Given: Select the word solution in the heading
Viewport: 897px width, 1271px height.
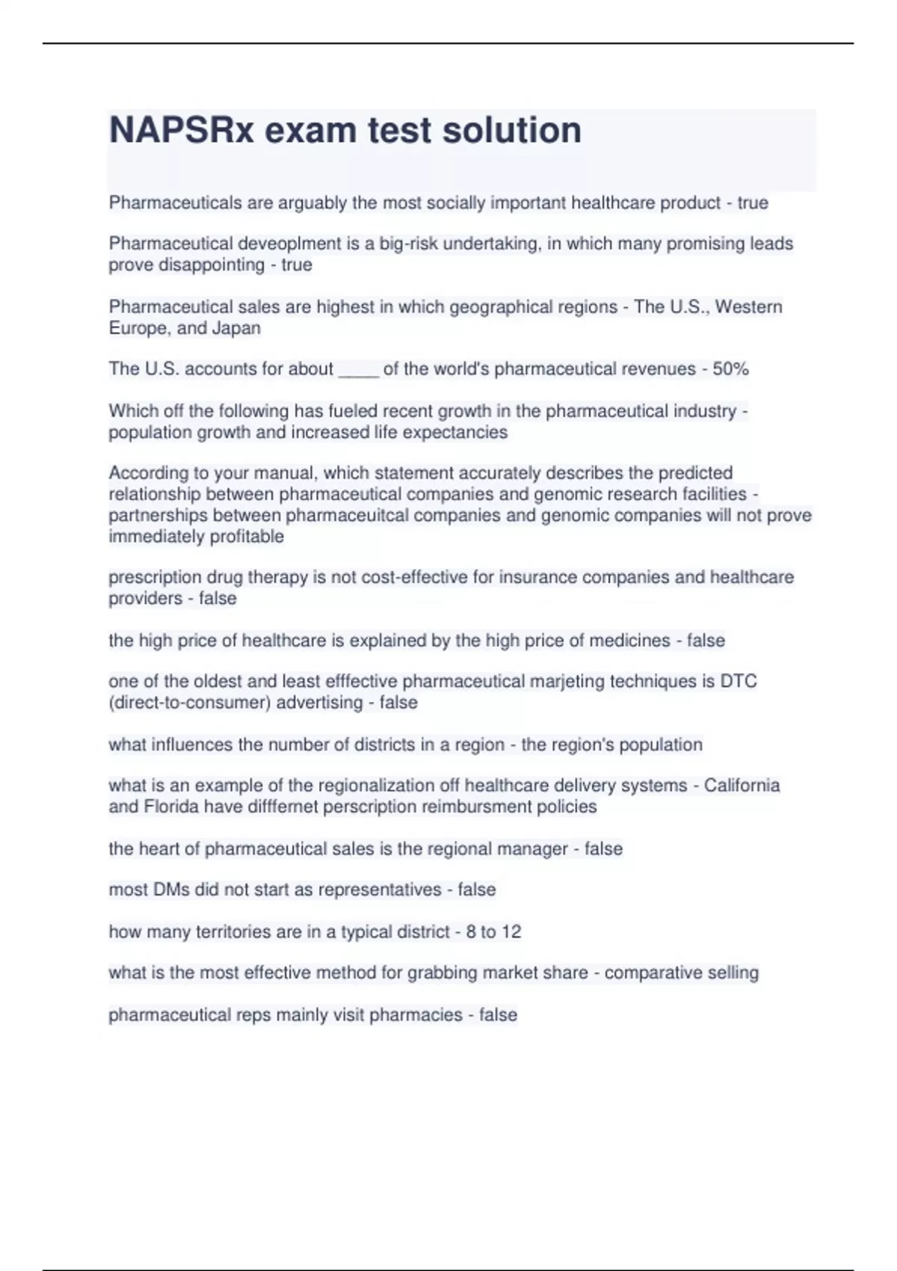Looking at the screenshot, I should click(512, 130).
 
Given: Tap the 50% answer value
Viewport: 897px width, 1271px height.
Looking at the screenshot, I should click(730, 369).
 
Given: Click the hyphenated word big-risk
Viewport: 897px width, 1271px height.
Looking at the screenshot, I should click(414, 244).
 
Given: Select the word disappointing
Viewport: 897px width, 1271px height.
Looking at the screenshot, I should click(212, 265).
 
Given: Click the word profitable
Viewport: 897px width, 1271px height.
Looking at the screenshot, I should click(250, 536).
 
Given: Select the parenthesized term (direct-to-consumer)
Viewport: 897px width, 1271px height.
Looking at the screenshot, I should click(188, 702).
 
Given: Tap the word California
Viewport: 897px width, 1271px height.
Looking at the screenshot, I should click(742, 785).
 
